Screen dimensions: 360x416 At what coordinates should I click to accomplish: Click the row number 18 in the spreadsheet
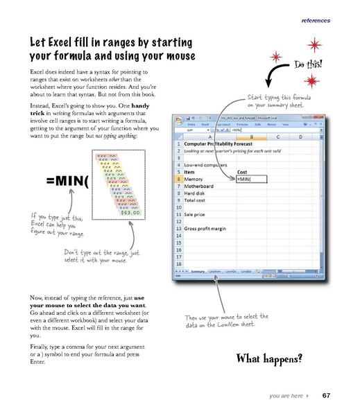[x=179, y=264]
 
